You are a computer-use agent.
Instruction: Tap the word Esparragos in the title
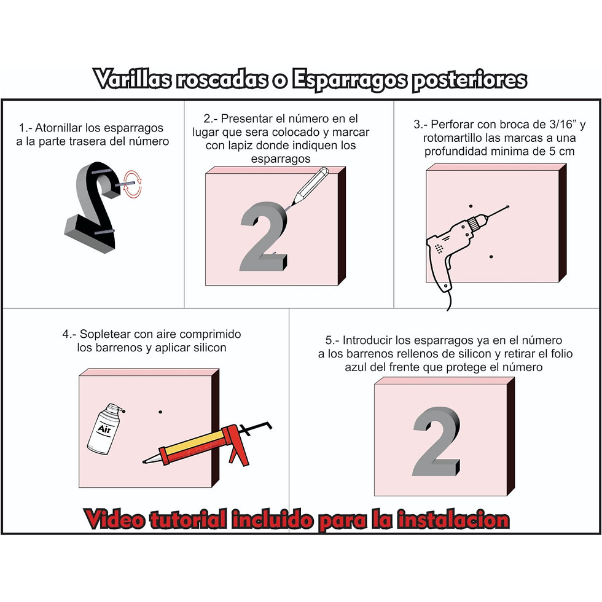click(x=349, y=80)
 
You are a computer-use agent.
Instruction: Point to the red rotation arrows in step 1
click(x=133, y=184)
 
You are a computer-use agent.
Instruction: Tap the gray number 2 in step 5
click(x=436, y=442)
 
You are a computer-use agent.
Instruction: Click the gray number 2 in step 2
click(x=264, y=237)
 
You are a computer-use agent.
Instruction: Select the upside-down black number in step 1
click(x=92, y=208)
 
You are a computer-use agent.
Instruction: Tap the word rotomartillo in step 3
click(x=452, y=138)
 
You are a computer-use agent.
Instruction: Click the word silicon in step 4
click(x=209, y=348)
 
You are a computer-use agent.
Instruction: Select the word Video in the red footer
click(x=114, y=520)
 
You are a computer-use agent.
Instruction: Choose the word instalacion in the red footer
click(x=453, y=520)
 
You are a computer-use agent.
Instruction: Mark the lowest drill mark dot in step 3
click(x=491, y=257)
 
